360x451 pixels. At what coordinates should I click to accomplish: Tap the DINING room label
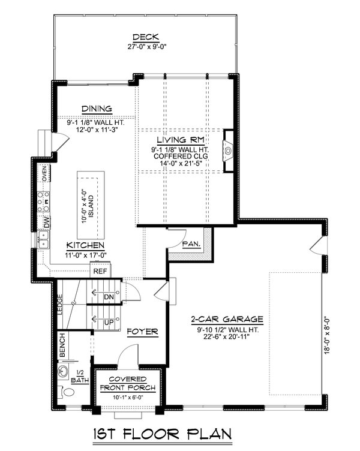[97, 109]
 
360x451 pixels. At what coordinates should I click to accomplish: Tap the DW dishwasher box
[46, 222]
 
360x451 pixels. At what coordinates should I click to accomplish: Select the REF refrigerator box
[99, 271]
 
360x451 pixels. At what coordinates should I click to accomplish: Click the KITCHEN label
[85, 246]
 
